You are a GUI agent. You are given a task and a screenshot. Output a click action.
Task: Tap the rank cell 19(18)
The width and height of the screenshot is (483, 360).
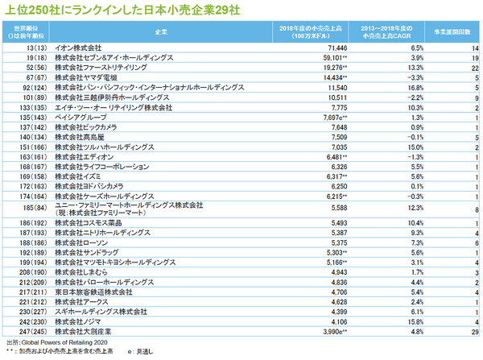31,60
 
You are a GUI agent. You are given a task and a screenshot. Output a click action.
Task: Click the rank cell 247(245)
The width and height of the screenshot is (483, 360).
31,331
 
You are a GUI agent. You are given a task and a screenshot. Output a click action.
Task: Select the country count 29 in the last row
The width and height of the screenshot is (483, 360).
474,331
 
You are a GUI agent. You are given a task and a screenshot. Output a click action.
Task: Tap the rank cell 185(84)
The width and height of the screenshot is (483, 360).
31,209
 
